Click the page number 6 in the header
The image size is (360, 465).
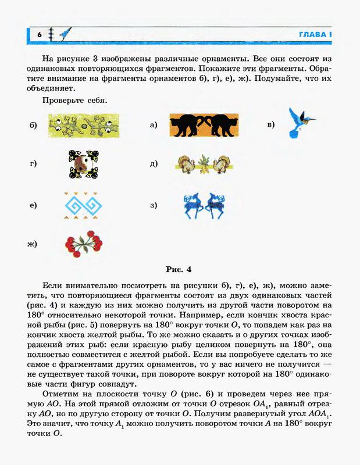coord(39,35)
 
